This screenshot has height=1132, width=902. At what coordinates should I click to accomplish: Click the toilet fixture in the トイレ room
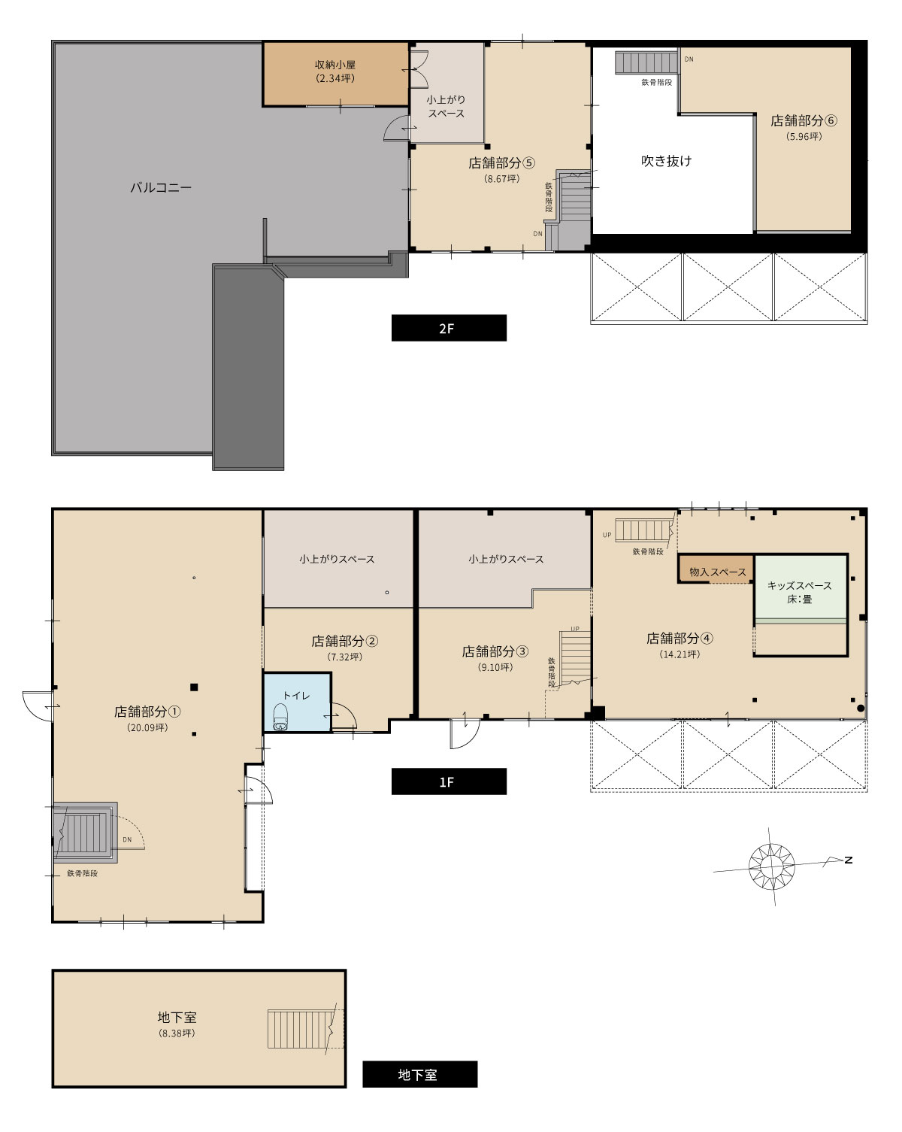[x=280, y=717]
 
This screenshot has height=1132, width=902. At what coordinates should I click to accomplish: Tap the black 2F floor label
[x=449, y=328]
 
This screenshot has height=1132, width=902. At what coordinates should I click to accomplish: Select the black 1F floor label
[x=449, y=781]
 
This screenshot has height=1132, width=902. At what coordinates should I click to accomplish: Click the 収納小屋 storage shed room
[x=335, y=74]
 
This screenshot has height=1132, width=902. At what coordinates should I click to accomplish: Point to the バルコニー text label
[x=161, y=187]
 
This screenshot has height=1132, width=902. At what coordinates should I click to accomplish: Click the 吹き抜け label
[x=666, y=161]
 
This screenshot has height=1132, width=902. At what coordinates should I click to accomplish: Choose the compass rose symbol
[x=771, y=866]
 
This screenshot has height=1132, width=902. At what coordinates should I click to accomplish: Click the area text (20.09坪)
[x=147, y=727]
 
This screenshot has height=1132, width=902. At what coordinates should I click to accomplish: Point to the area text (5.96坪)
[x=804, y=136]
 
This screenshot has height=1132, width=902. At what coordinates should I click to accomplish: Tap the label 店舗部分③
[x=495, y=651]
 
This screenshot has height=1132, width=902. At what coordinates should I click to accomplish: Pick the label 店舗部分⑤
[x=501, y=162]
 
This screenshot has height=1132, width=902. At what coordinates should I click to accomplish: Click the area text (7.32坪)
[x=345, y=657]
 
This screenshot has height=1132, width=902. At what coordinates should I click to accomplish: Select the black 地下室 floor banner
[x=419, y=1074]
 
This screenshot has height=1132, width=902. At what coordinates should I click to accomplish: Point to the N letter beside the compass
[x=848, y=860]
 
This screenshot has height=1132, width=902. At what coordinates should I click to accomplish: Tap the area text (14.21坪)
[x=679, y=654]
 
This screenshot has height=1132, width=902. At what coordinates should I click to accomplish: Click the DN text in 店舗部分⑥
[x=689, y=59]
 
